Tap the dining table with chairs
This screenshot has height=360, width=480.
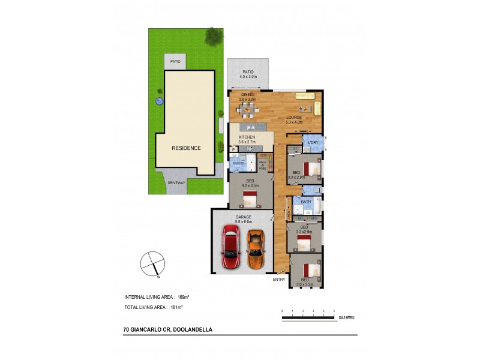(x=247, y=110)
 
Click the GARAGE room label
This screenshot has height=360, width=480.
(x=243, y=217)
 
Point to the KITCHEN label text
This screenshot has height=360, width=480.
(x=247, y=137)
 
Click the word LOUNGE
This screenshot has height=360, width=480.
(x=293, y=118)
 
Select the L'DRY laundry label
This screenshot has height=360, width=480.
(x=313, y=142)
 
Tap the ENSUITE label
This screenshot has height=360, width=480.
(x=238, y=163)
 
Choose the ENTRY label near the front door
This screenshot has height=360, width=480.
(x=279, y=280)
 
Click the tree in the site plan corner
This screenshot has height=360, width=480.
(x=213, y=37)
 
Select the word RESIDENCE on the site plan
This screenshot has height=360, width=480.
(x=186, y=148)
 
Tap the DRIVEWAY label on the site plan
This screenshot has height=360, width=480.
(x=176, y=183)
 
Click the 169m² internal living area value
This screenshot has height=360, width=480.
(x=184, y=297)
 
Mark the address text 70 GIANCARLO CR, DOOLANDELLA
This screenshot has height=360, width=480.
(x=159, y=329)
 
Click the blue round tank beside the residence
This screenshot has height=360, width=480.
(x=159, y=101)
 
